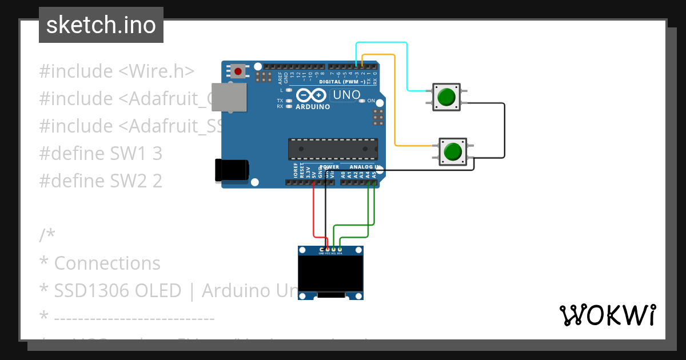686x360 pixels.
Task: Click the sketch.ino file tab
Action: point(101,25)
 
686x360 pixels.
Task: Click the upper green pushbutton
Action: point(446,97)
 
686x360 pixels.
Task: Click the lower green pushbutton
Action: point(452,151)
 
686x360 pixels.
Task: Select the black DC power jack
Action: point(232,170)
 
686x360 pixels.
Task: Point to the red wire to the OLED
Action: point(314,211)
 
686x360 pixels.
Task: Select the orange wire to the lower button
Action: point(395,103)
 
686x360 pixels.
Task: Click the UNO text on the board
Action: point(347,95)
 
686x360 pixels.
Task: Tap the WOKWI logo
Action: point(607,315)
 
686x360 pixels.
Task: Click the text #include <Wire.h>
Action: point(117,71)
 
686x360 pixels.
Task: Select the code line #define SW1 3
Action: point(101,154)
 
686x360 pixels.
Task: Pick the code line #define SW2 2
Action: point(101,181)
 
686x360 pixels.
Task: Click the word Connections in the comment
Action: point(107,263)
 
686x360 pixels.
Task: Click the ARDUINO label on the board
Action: point(313,107)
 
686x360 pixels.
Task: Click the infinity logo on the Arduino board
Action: point(312,95)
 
